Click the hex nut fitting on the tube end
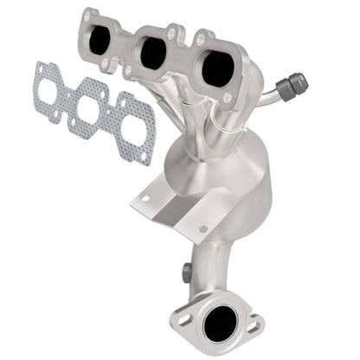click(x=297, y=83)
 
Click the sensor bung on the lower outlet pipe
click(x=185, y=272)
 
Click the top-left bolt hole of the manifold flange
click(x=87, y=15)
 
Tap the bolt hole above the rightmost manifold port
click(x=202, y=37)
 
